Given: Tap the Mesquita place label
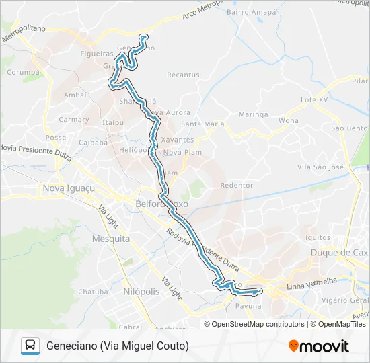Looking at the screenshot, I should coord(111,239).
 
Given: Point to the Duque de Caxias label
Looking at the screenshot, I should coord(340,253).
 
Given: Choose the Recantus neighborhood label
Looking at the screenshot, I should coord(183,75).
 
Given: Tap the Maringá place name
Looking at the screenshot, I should coord(253,115).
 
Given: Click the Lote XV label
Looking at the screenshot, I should coord(313,99).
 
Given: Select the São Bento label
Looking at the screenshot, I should coord(348,128).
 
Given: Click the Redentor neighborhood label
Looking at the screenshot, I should coord(237,185).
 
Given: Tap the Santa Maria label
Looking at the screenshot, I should coord(202,124).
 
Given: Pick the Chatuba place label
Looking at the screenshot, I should coord(93,292).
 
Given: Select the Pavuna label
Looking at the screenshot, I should coord(248,306).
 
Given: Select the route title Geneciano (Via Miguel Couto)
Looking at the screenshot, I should coord(118,346).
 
